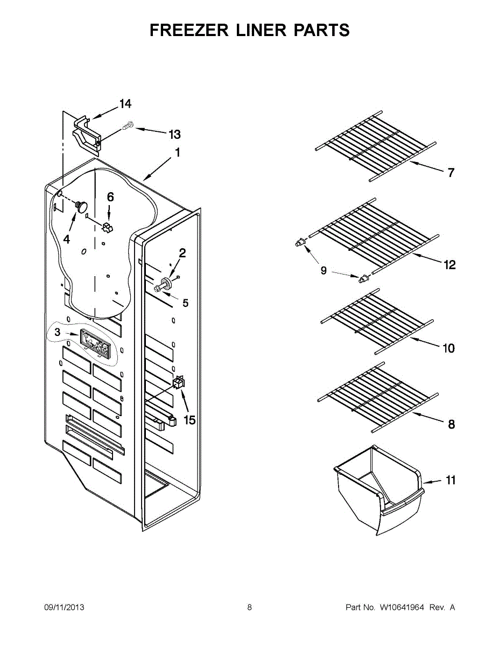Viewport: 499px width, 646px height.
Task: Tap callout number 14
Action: coord(125,104)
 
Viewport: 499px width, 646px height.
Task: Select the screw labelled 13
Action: coord(128,126)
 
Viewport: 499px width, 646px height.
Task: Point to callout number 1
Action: coord(177,153)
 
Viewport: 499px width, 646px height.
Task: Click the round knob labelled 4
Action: coord(82,205)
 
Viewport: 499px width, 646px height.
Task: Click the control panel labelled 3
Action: coord(95,343)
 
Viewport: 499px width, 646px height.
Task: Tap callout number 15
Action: coord(189,420)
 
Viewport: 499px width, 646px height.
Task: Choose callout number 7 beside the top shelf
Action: coord(451,173)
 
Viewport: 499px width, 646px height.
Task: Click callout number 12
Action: coord(449,265)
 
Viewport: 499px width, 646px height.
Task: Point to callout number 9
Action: coord(324,270)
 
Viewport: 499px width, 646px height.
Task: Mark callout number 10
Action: coord(448,348)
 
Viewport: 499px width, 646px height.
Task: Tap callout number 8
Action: coord(451,424)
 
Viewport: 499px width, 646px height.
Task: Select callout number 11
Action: coord(451,480)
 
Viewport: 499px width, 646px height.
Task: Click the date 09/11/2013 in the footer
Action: coord(64,607)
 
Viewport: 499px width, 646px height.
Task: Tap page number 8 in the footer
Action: coord(250,607)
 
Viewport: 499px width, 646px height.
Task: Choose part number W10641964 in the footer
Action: coord(402,607)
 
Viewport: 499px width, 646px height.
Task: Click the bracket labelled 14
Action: coord(86,131)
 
